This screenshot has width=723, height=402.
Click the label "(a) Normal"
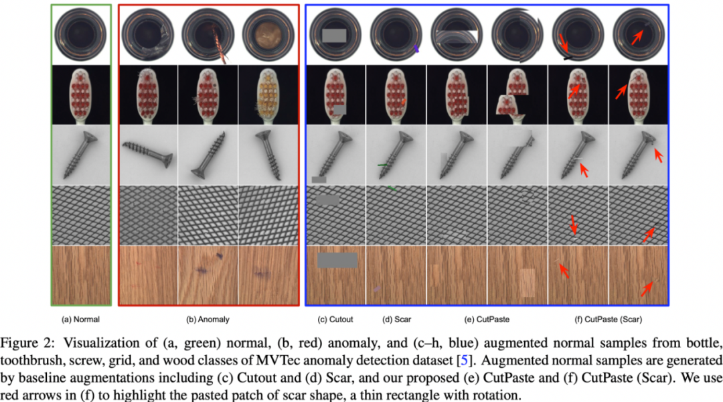click(80, 320)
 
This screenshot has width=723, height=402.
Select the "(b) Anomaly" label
click(208, 320)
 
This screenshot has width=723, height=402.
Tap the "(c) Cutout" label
click(335, 320)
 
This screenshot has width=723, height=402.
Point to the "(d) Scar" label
click(396, 320)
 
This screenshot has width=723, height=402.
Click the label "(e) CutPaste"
click(487, 320)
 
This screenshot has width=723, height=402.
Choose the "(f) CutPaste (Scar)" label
click(608, 320)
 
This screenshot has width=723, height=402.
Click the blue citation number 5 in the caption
click(464, 360)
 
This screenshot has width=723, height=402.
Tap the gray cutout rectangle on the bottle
click(334, 36)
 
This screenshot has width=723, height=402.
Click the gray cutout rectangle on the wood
click(337, 261)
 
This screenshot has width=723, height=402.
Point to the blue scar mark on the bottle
click(416, 48)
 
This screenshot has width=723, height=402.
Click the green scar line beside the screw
click(383, 165)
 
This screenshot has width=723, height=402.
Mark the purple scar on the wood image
click(377, 289)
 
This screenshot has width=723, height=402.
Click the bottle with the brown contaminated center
click(268, 35)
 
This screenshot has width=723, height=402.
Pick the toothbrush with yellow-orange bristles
click(268, 95)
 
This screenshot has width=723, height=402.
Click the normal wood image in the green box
click(81, 275)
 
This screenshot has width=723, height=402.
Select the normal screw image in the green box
click(81, 155)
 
